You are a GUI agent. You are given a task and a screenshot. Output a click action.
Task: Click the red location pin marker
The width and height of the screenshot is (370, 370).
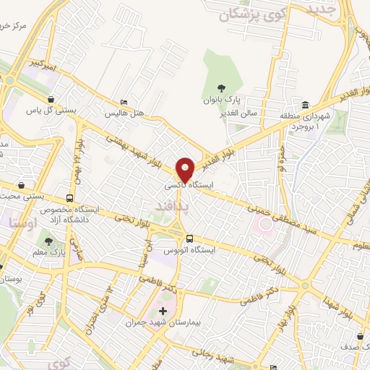click(x=185, y=170)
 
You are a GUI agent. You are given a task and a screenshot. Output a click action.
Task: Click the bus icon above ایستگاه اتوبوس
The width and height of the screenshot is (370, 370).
click(x=189, y=238)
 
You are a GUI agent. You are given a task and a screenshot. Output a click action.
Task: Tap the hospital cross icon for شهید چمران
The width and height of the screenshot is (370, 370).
click(x=163, y=311)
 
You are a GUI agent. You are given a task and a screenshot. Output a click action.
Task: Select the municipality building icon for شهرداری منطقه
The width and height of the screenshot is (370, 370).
click(x=306, y=105)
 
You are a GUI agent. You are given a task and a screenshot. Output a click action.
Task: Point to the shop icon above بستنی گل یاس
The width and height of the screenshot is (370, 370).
click(x=50, y=100)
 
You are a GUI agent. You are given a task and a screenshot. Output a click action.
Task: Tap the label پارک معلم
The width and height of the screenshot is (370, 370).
click(x=48, y=252)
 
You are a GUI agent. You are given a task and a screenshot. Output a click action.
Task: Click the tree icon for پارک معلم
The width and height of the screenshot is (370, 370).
click(x=48, y=241)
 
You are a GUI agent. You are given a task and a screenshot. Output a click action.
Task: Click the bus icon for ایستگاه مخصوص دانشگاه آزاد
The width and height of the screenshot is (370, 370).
click(x=69, y=198)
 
